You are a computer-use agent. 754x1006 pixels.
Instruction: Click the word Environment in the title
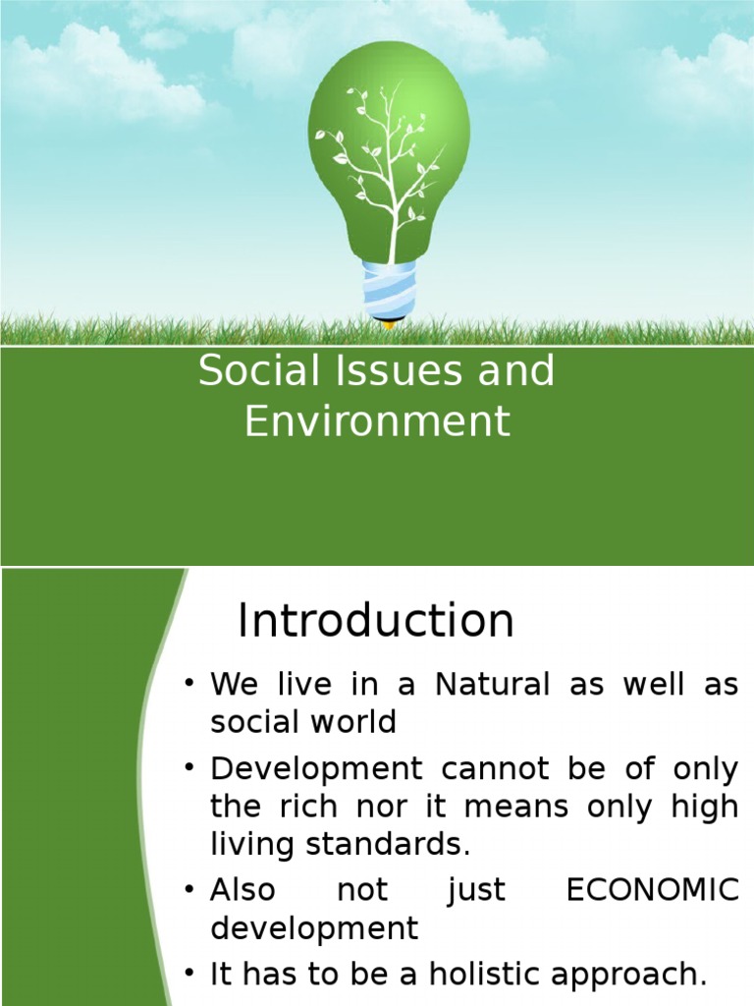pos(377,421)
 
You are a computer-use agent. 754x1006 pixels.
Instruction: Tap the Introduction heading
pos(376,621)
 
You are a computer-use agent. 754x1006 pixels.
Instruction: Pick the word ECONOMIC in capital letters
pos(653,890)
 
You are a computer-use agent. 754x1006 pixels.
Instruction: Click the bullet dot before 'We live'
pos(190,685)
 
